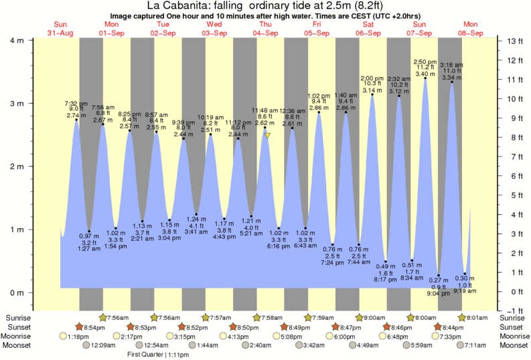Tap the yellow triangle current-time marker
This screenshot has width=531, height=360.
[x=267, y=135]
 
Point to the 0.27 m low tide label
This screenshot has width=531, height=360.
[x=439, y=280]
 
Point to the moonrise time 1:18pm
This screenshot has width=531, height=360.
[x=79, y=336]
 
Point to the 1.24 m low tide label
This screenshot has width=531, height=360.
[x=197, y=219]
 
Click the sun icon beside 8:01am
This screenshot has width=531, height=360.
[x=461, y=317]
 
